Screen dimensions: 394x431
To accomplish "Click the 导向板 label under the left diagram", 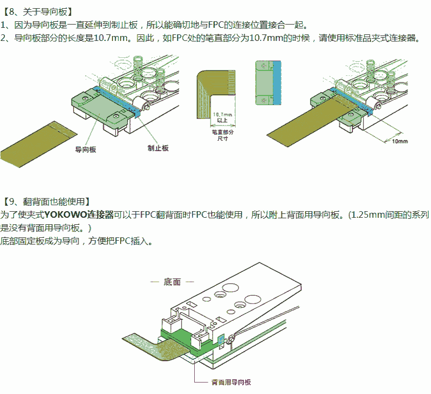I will point(85,149).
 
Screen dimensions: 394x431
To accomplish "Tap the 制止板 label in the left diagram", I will point(158,148).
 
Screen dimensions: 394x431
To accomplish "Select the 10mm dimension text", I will point(400,141).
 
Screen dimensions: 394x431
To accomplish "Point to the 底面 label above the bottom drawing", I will point(172,282).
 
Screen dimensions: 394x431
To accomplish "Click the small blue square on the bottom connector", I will point(221,341).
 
